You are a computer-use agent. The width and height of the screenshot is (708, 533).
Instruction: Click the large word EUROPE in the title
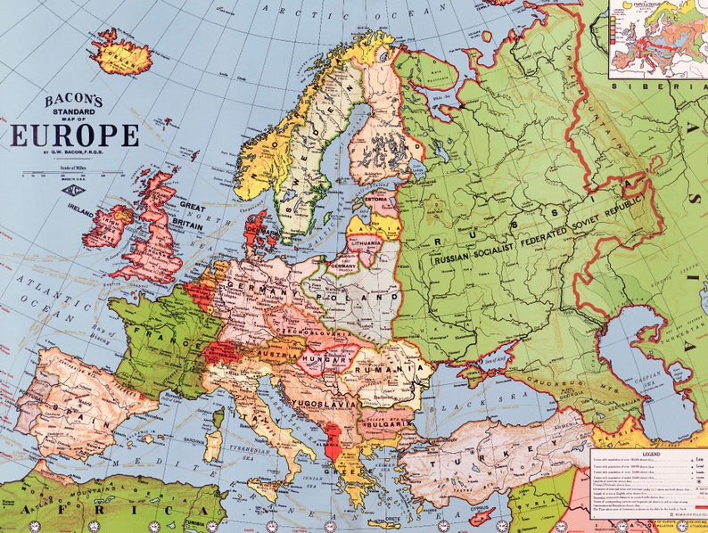75,135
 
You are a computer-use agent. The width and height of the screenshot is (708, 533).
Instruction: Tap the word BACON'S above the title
74,100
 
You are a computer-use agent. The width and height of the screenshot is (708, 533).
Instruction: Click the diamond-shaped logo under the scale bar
68,189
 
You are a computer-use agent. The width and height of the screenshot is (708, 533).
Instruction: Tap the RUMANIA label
390,367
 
